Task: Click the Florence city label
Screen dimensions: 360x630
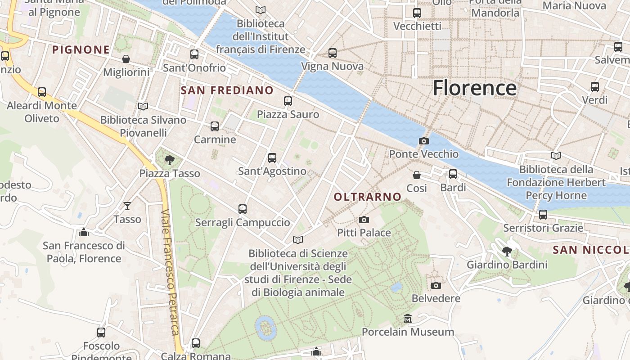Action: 474,88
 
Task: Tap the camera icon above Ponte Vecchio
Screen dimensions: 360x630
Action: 423,141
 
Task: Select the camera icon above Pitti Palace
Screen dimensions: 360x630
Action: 364,220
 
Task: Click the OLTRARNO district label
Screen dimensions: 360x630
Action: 368,197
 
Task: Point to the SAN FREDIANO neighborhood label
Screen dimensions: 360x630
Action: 227,90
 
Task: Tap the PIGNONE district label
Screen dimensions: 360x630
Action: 81,49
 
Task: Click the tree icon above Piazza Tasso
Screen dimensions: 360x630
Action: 170,160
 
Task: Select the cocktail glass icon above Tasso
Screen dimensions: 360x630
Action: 127,206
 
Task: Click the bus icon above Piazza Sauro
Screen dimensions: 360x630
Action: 288,101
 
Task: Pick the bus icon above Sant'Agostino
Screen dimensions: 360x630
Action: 272,158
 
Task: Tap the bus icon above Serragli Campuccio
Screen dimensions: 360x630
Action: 243,209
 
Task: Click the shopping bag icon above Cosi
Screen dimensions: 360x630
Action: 417,175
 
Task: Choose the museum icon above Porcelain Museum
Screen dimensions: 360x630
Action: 408,319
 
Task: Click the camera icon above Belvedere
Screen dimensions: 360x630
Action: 436,285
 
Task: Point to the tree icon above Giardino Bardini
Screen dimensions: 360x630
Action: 507,252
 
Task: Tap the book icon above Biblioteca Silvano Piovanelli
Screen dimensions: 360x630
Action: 143,107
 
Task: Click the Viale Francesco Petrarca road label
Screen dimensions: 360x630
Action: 170,272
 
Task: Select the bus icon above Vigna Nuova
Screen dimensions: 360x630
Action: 333,53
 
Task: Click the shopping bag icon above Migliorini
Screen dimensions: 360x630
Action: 126,59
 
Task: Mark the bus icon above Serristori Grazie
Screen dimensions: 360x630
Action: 543,215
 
